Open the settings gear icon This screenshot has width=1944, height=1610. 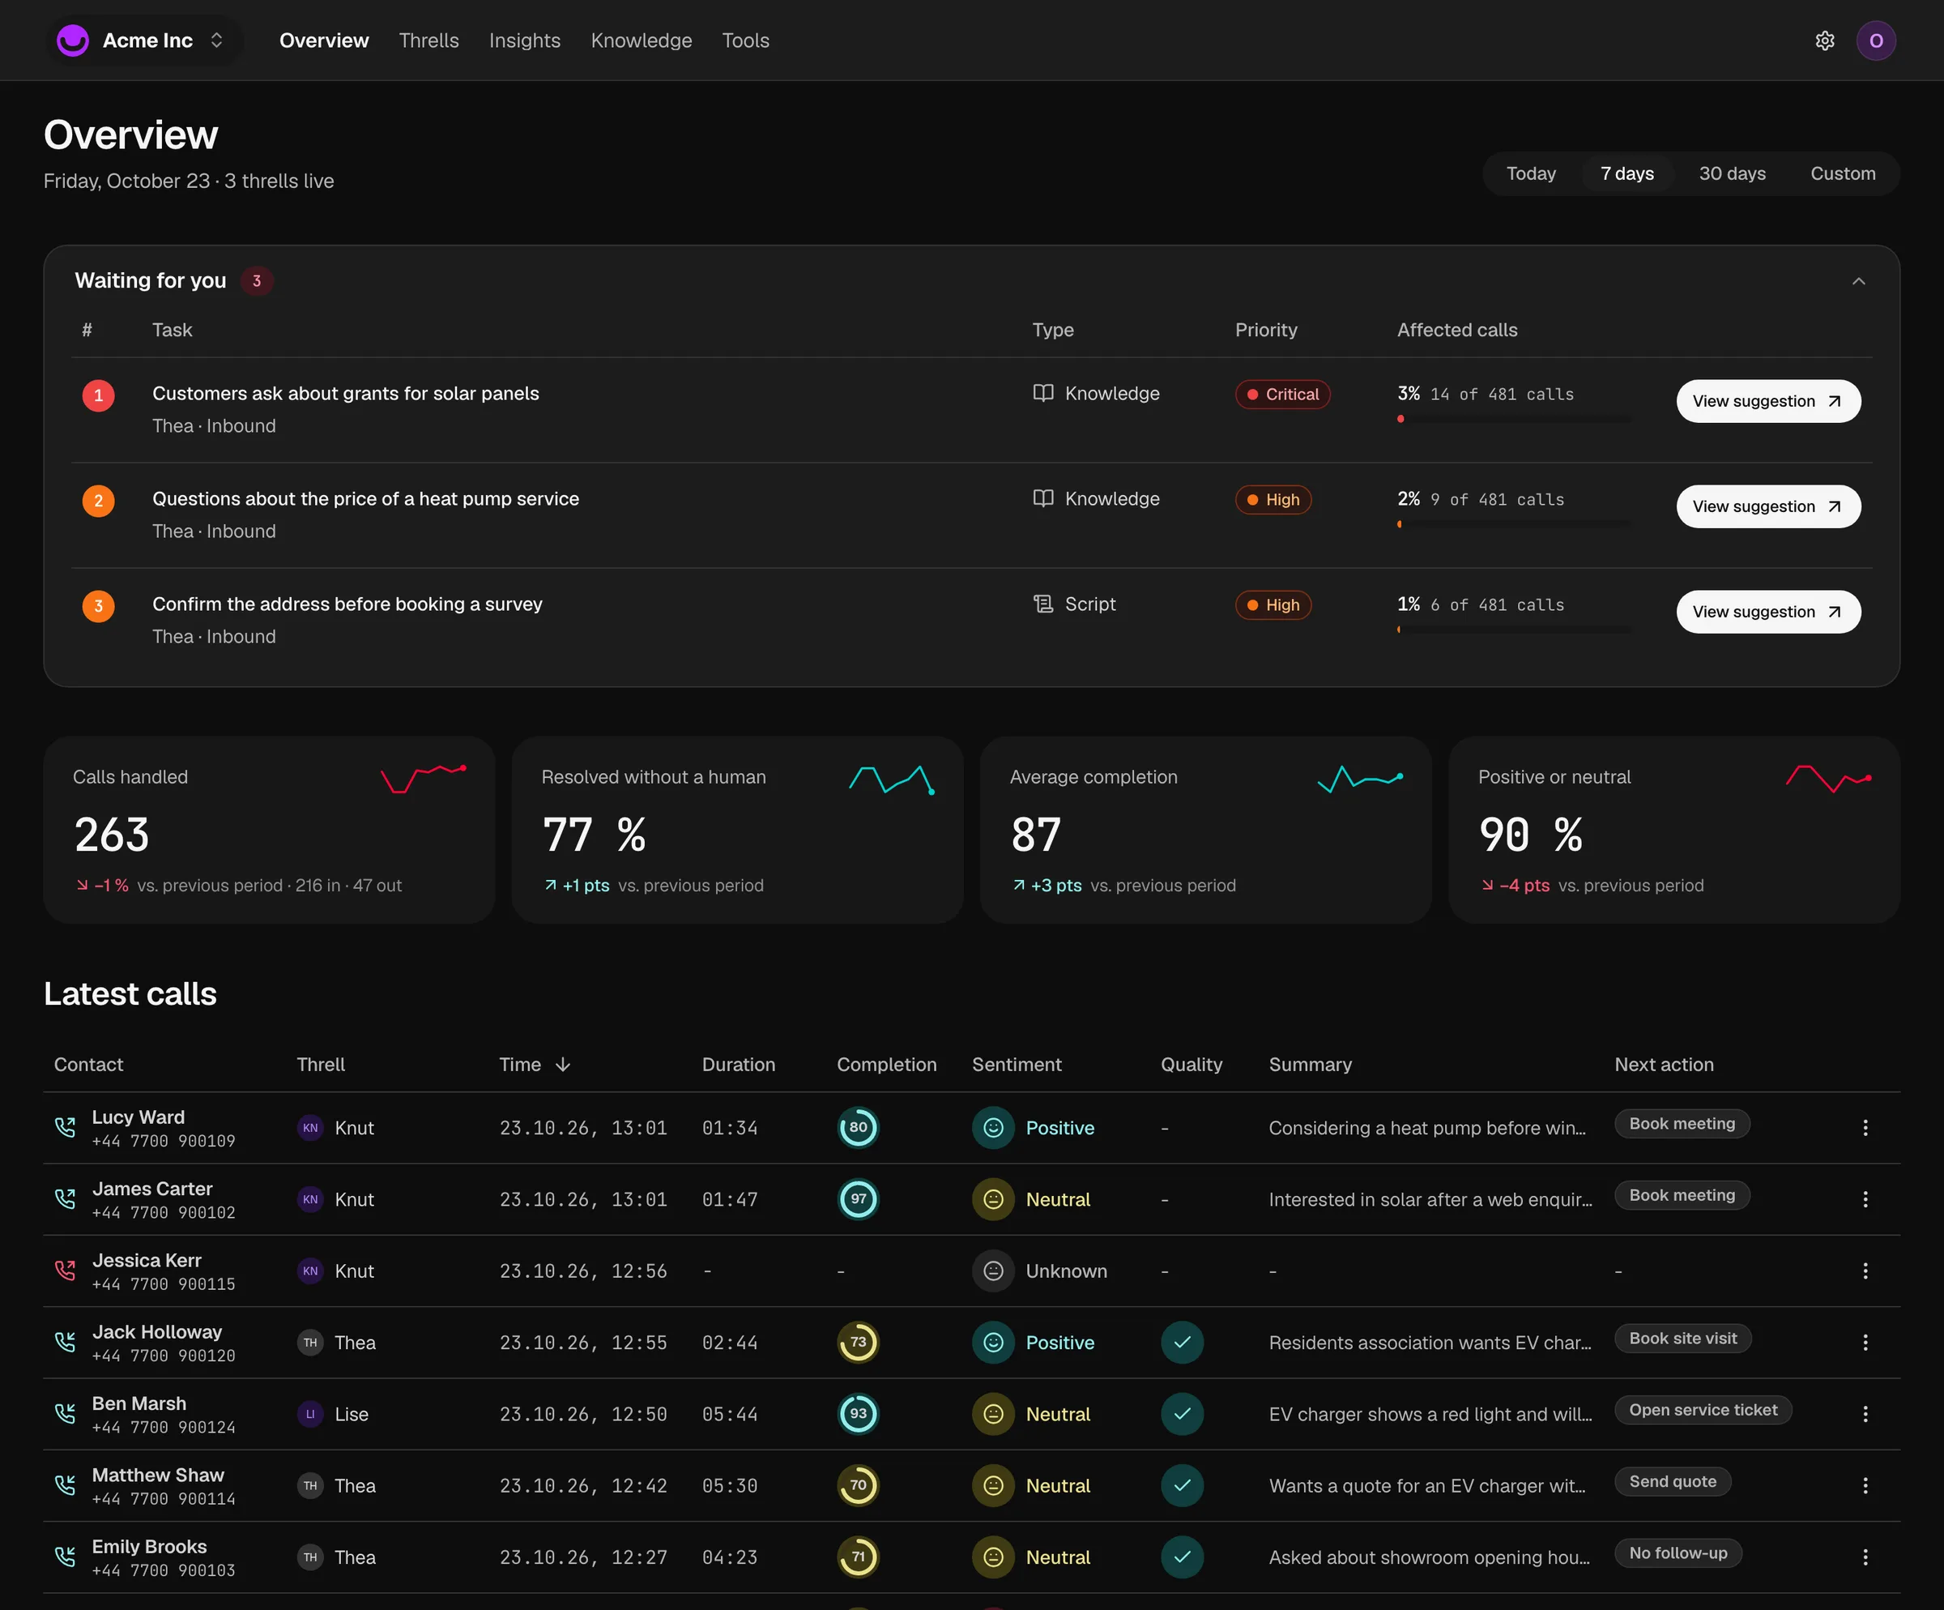click(1825, 41)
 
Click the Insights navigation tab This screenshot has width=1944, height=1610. click(525, 41)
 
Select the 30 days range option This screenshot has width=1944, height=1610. click(1732, 174)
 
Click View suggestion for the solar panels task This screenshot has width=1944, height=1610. click(1768, 401)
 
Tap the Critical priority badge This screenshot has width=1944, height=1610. click(1282, 395)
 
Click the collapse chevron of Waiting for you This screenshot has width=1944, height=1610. click(1858, 281)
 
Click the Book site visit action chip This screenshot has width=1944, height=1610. click(1682, 1339)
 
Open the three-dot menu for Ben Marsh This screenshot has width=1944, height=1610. click(1865, 1414)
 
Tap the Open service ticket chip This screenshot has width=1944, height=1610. click(1703, 1410)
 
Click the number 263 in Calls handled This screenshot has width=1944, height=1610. click(111, 835)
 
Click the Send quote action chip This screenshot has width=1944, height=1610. click(1672, 1481)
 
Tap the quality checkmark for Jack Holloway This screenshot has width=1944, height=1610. click(1182, 1343)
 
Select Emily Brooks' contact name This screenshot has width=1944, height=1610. click(149, 1547)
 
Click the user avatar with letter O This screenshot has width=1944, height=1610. click(1875, 41)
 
